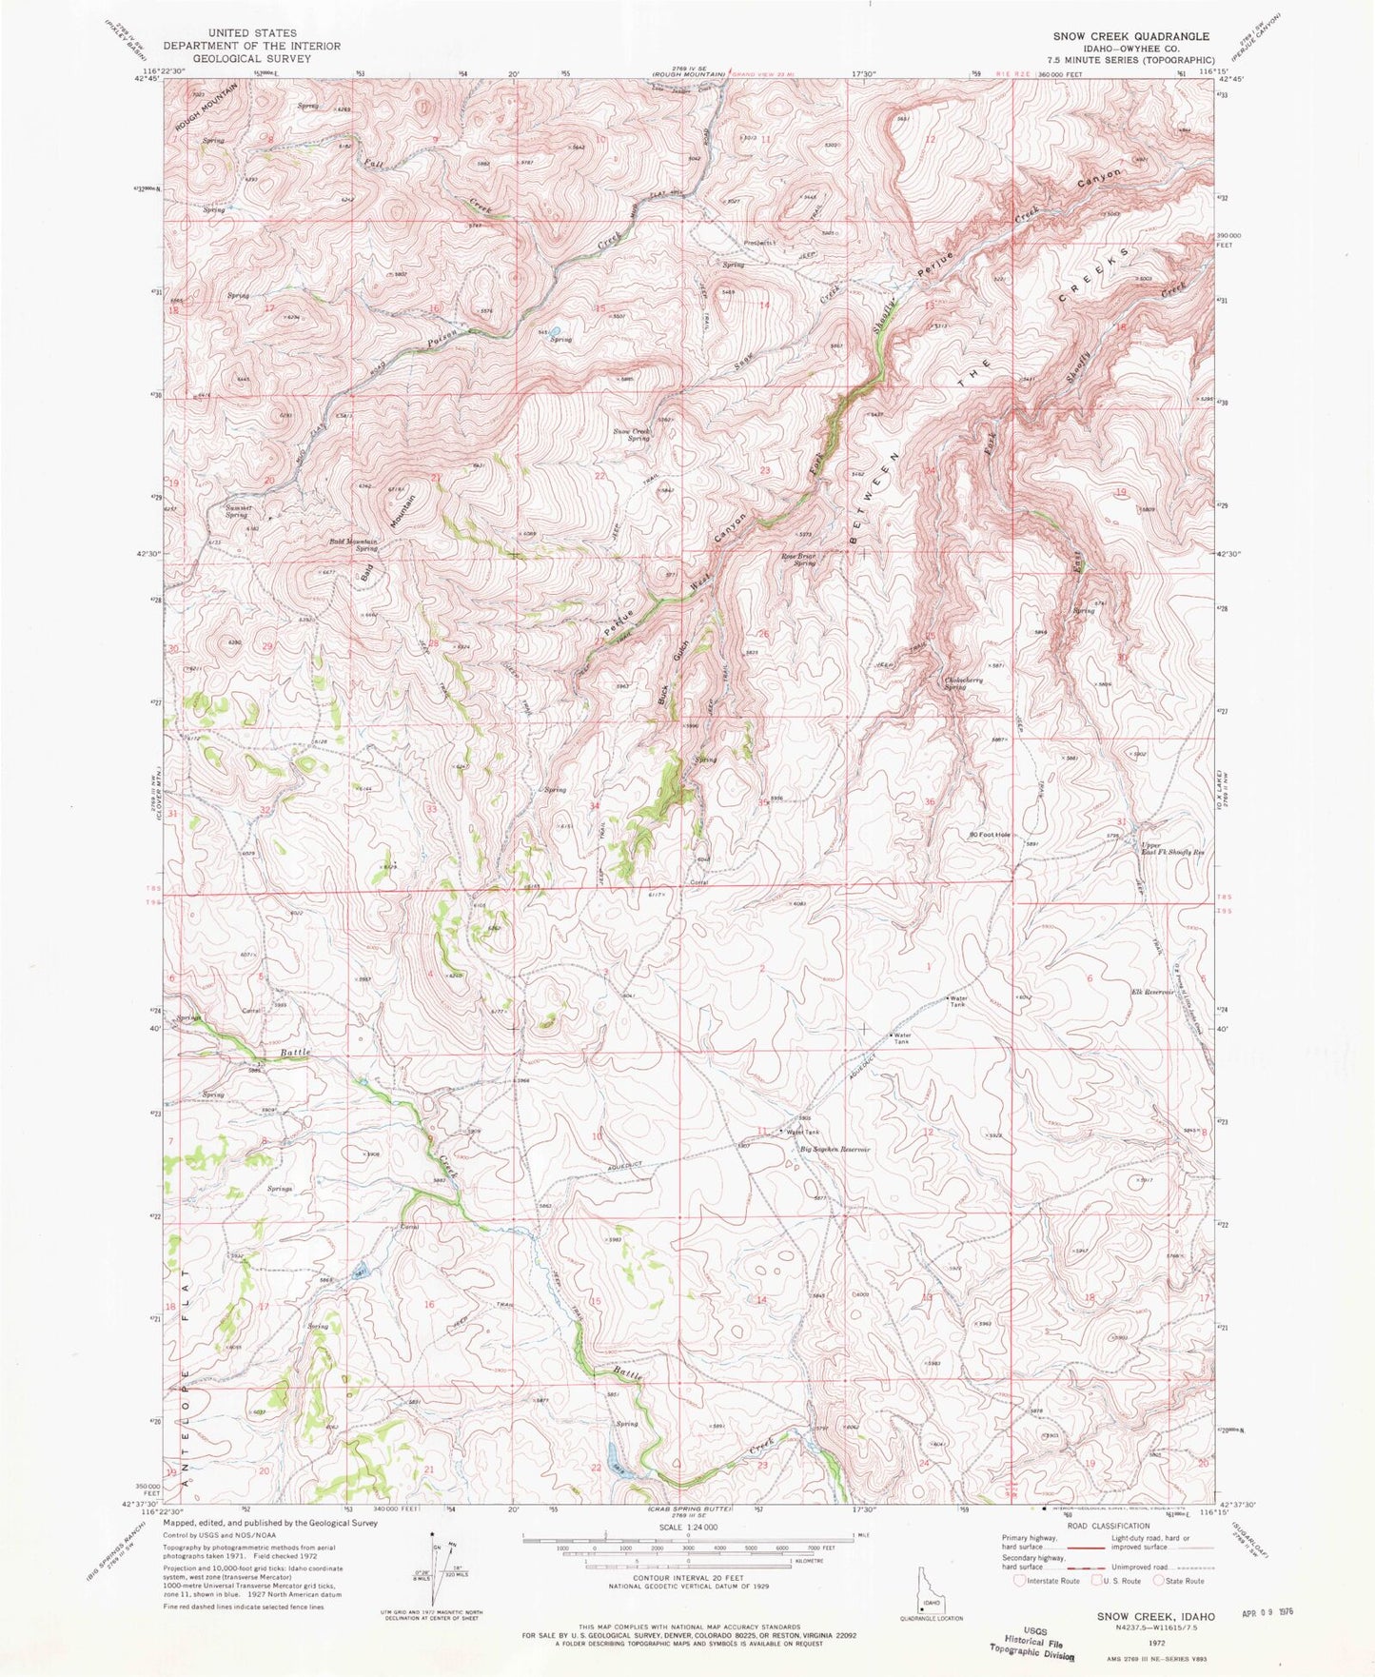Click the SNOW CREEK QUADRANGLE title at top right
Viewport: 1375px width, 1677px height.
1130,36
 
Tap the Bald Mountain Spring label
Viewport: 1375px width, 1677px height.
353,545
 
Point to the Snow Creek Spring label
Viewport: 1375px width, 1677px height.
632,434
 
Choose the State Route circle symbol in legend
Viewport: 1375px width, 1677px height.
1159,1581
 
